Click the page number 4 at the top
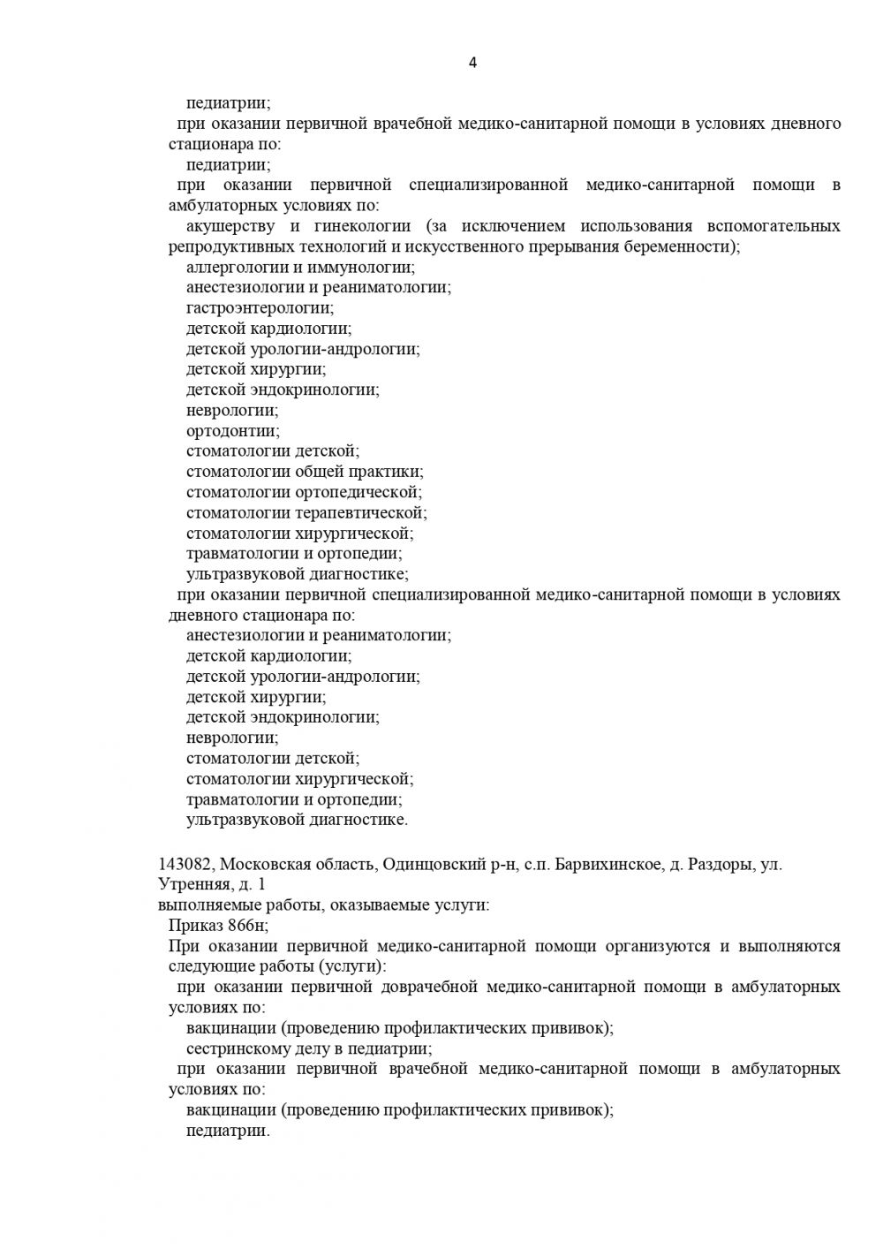472,63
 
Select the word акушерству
226,226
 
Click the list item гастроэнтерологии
260,308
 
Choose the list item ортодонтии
232,431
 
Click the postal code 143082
186,865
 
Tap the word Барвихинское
608,865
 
